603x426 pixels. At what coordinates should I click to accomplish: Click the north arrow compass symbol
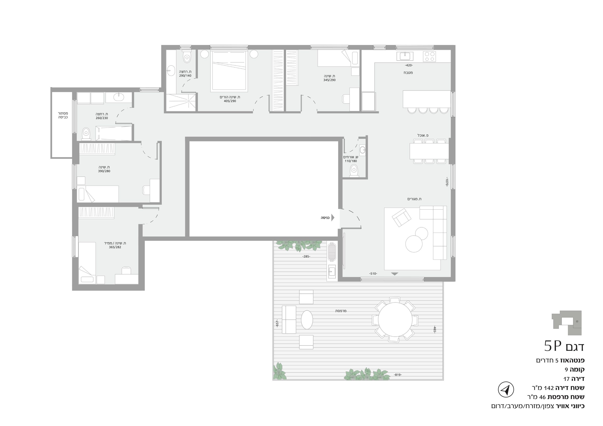[506, 390]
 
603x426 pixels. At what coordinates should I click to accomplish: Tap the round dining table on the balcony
[395, 319]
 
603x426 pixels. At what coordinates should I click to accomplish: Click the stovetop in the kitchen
[429, 56]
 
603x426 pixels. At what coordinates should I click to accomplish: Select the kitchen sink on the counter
[405, 56]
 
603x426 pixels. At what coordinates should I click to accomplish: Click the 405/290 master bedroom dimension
[230, 101]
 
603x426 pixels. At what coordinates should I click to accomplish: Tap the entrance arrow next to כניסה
[333, 218]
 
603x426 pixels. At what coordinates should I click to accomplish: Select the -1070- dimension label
[447, 182]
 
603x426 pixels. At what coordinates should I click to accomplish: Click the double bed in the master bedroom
[229, 71]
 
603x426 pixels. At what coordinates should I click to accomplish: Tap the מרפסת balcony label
[341, 311]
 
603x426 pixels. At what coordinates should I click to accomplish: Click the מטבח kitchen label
[408, 73]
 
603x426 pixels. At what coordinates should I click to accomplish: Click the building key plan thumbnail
[566, 323]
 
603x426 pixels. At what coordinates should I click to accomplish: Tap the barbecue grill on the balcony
[332, 252]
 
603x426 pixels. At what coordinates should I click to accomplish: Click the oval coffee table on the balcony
[307, 320]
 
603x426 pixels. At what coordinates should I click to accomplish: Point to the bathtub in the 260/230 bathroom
[114, 133]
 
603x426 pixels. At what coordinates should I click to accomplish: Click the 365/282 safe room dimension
[115, 247]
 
